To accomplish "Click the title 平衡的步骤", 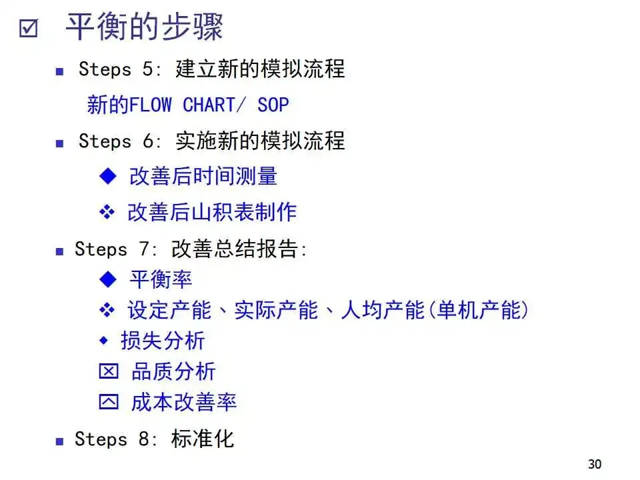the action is pyautogui.click(x=144, y=27).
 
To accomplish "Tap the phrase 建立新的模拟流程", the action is pyautogui.click(x=260, y=69).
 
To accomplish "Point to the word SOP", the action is pyautogui.click(x=273, y=105).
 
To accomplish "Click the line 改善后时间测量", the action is pyautogui.click(x=203, y=177).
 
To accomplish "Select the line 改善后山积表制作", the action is pyautogui.click(x=212, y=212).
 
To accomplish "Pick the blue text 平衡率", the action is pyautogui.click(x=161, y=279).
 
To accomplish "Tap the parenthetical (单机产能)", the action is pyautogui.click(x=478, y=310).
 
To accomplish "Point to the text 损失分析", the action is pyautogui.click(x=163, y=341).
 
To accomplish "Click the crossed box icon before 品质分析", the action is pyautogui.click(x=108, y=372).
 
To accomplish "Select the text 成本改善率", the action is pyautogui.click(x=183, y=402).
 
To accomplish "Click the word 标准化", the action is pyautogui.click(x=203, y=439).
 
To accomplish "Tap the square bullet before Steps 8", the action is pyautogui.click(x=59, y=441).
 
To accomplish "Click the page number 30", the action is pyautogui.click(x=595, y=464).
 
